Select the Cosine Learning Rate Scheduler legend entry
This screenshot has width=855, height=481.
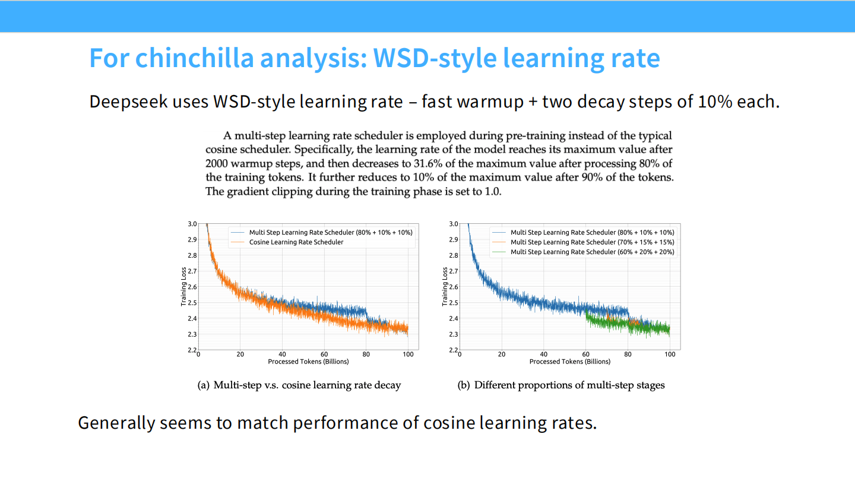(x=296, y=242)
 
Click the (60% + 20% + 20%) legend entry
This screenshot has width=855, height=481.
(x=593, y=252)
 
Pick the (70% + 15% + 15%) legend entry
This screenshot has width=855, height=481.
(x=593, y=242)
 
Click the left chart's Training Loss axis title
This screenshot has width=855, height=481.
(x=184, y=287)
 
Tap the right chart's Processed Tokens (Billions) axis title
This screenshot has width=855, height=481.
(x=569, y=361)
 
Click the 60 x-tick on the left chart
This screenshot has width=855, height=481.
(x=324, y=355)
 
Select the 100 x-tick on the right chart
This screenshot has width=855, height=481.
(x=670, y=355)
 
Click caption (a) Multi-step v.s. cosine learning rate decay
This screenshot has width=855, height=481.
(x=299, y=385)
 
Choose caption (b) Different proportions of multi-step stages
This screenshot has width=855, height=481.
(x=561, y=385)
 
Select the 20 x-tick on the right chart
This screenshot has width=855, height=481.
(x=502, y=355)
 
